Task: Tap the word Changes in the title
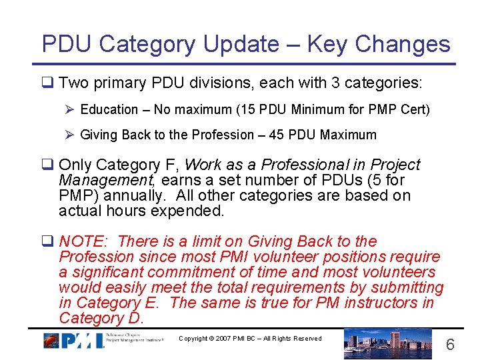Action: pos(403,45)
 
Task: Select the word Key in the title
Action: pos(327,45)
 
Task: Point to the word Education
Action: pos(109,109)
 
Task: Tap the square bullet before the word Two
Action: pos(48,83)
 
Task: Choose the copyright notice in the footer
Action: pos(250,339)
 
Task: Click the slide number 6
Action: pos(450,345)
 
